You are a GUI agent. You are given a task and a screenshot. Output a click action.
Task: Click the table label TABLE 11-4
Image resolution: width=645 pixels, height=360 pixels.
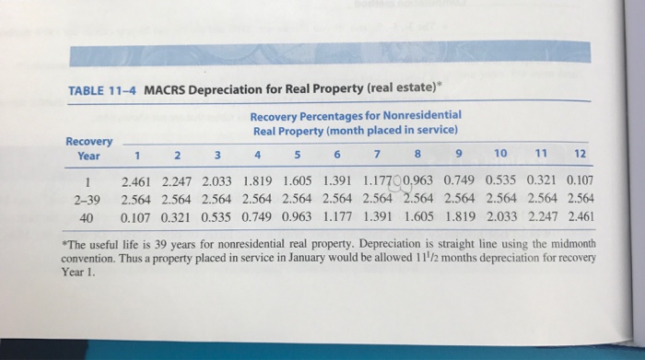(x=102, y=90)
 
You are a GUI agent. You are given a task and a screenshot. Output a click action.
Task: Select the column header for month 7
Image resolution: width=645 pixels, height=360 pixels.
(x=377, y=154)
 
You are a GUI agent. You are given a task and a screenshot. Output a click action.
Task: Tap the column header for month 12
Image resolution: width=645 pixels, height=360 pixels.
(x=580, y=154)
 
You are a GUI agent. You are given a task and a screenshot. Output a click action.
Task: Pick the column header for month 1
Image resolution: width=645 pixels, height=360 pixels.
(x=137, y=156)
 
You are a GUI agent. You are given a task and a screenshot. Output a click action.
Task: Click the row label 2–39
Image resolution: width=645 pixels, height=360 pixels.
(x=88, y=200)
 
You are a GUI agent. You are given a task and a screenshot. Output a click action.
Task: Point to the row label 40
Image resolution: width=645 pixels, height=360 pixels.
(x=86, y=218)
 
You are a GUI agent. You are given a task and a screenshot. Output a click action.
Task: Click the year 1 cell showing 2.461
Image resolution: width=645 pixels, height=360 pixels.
(x=135, y=181)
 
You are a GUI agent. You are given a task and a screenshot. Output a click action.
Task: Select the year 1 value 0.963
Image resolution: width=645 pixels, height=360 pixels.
(x=418, y=180)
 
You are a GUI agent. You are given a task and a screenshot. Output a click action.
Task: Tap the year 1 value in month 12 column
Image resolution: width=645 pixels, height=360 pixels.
(x=580, y=180)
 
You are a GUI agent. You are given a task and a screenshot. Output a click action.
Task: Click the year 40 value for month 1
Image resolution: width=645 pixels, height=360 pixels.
(x=135, y=218)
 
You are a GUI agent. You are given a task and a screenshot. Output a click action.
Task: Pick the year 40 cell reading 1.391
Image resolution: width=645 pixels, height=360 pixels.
(x=378, y=216)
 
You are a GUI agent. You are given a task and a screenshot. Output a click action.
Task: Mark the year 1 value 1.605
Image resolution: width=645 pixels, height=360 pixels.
(x=298, y=180)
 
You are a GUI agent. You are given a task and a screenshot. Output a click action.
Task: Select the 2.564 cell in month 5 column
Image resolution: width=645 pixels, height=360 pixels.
(x=297, y=199)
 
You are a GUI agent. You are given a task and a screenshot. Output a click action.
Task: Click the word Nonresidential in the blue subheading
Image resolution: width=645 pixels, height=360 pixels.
(x=422, y=115)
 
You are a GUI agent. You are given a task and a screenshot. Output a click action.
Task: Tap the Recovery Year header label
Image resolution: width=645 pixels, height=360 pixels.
(x=88, y=149)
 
